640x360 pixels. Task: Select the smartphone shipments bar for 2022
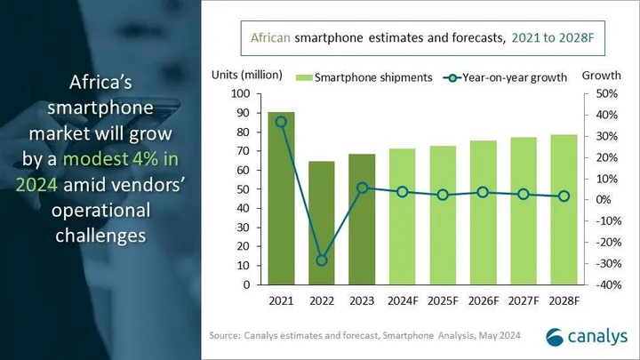322,223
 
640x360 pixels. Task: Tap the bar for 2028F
564,210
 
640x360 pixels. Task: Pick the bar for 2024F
403,217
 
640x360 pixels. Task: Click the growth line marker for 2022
322,260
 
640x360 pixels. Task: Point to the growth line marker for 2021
282,122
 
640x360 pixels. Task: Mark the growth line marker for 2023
362,188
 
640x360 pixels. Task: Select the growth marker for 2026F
483,192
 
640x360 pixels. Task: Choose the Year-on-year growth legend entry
507,77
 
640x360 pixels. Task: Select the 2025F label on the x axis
443,301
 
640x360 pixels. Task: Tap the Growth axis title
601,76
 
